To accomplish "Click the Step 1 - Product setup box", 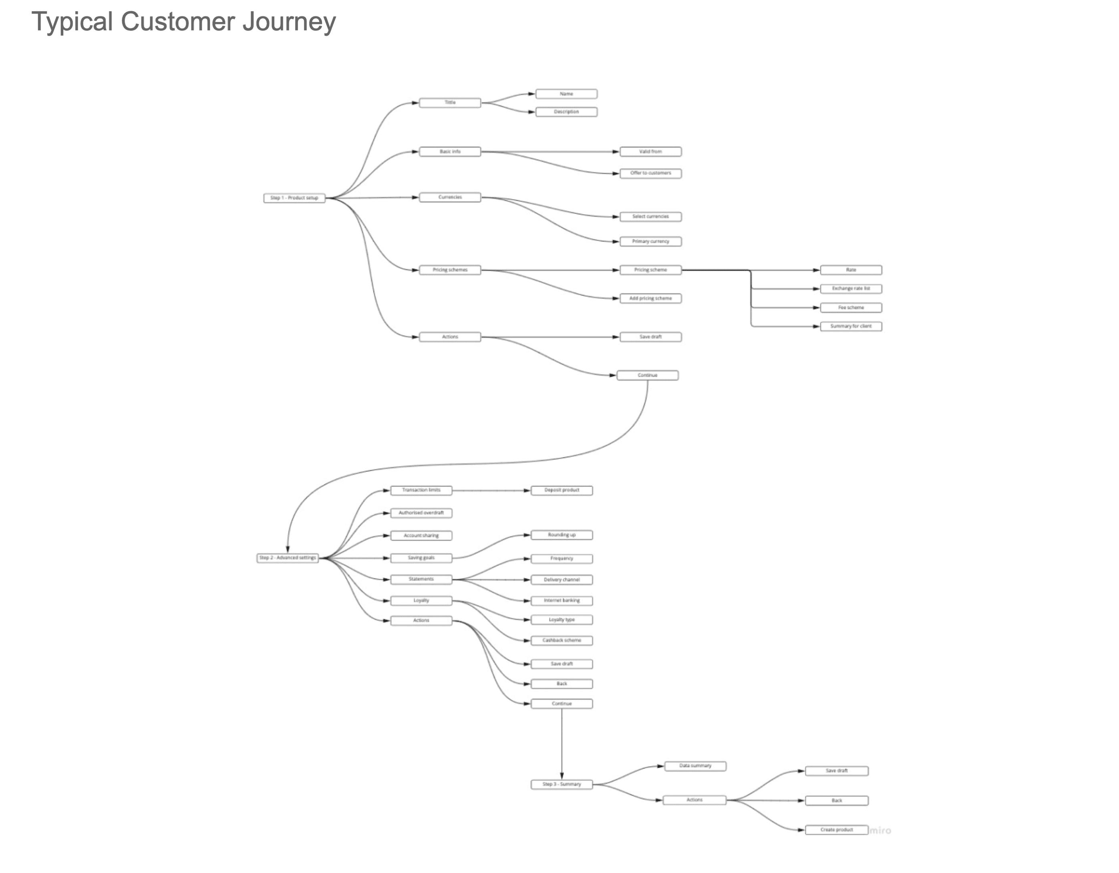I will click(x=294, y=198).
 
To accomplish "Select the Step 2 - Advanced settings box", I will click(x=288, y=558).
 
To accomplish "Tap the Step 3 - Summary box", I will click(x=562, y=784).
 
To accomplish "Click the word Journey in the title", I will click(x=289, y=22).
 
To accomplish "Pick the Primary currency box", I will click(x=650, y=241).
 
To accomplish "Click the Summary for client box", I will click(x=851, y=326).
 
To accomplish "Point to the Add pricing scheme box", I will click(x=650, y=298).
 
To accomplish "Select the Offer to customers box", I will click(x=650, y=173).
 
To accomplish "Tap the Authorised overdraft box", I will click(x=421, y=513).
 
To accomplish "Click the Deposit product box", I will click(x=562, y=490).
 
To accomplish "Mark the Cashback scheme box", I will click(x=562, y=640).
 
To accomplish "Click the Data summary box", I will click(x=695, y=766).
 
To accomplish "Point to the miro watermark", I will click(x=880, y=831).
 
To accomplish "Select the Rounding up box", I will click(x=562, y=535).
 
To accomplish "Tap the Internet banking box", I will click(x=562, y=600).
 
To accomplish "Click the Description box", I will click(x=566, y=112).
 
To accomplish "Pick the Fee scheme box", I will click(x=851, y=308).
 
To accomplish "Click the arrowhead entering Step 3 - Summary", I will click(x=562, y=776).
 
